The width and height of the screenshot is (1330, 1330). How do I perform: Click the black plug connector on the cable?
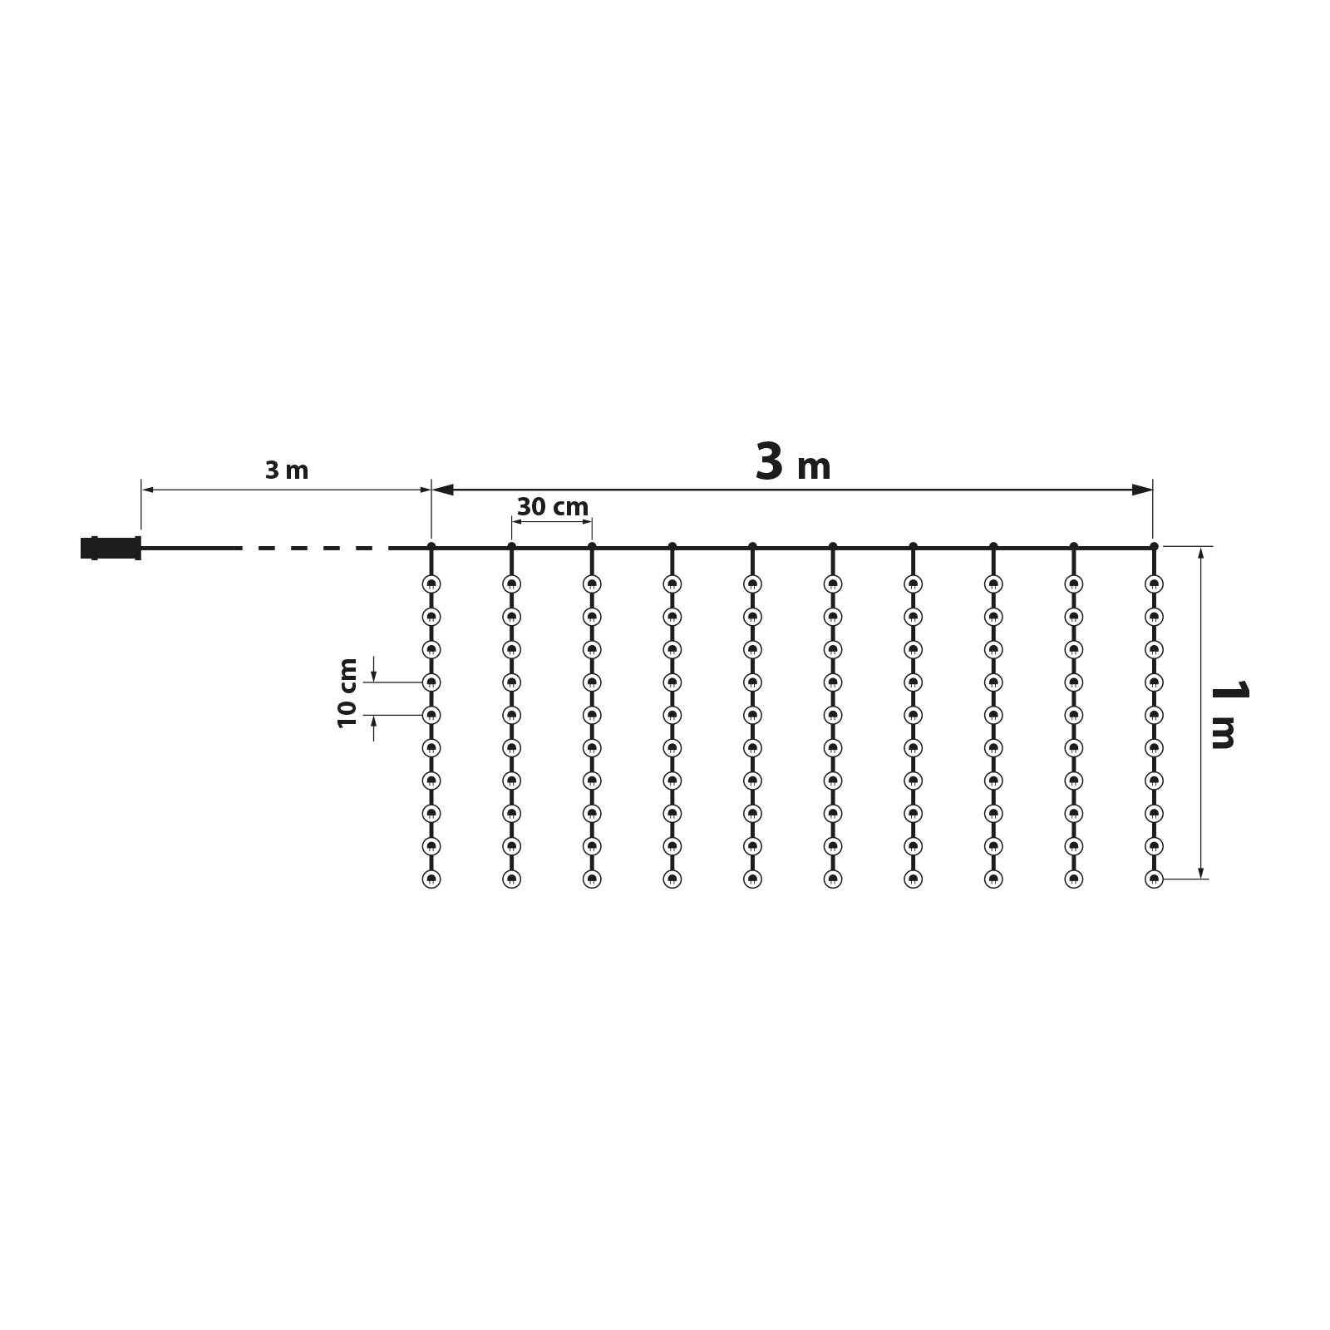point(111,548)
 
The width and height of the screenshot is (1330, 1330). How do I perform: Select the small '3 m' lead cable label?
point(287,470)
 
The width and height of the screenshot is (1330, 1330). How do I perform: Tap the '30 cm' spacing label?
point(552,507)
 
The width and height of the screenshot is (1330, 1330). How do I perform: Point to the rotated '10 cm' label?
point(348,692)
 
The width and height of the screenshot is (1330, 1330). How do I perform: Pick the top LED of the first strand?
point(431,584)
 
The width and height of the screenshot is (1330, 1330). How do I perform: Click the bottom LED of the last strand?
point(1154,879)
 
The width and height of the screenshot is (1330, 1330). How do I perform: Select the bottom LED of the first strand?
point(431,879)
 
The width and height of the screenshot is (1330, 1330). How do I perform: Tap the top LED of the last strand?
point(1154,584)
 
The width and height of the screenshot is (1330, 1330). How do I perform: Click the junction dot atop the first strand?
point(431,546)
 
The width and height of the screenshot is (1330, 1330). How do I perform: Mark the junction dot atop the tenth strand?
point(1154,546)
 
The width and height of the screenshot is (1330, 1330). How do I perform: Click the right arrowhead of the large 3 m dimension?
point(1143,490)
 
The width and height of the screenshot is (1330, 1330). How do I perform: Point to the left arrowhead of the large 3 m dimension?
point(443,490)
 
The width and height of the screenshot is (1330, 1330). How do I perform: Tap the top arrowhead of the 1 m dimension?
point(1201,555)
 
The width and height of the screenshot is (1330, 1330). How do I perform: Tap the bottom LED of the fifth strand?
point(752,879)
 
